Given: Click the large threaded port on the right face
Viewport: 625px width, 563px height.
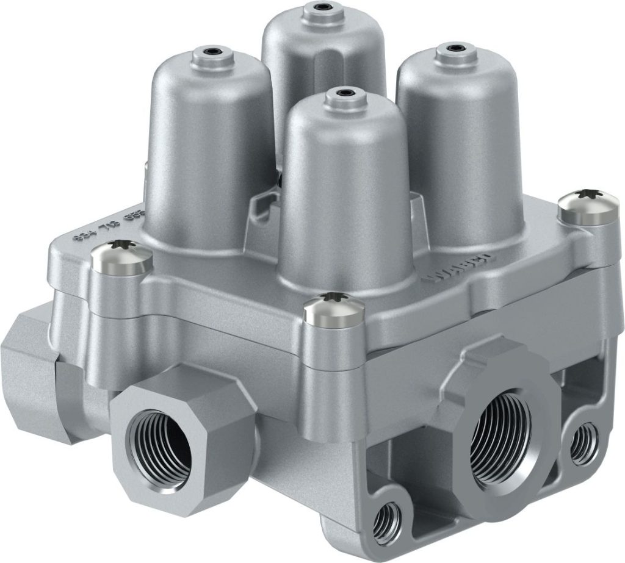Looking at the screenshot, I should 503,437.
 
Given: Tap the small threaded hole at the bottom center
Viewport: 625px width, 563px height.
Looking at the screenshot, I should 387,520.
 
